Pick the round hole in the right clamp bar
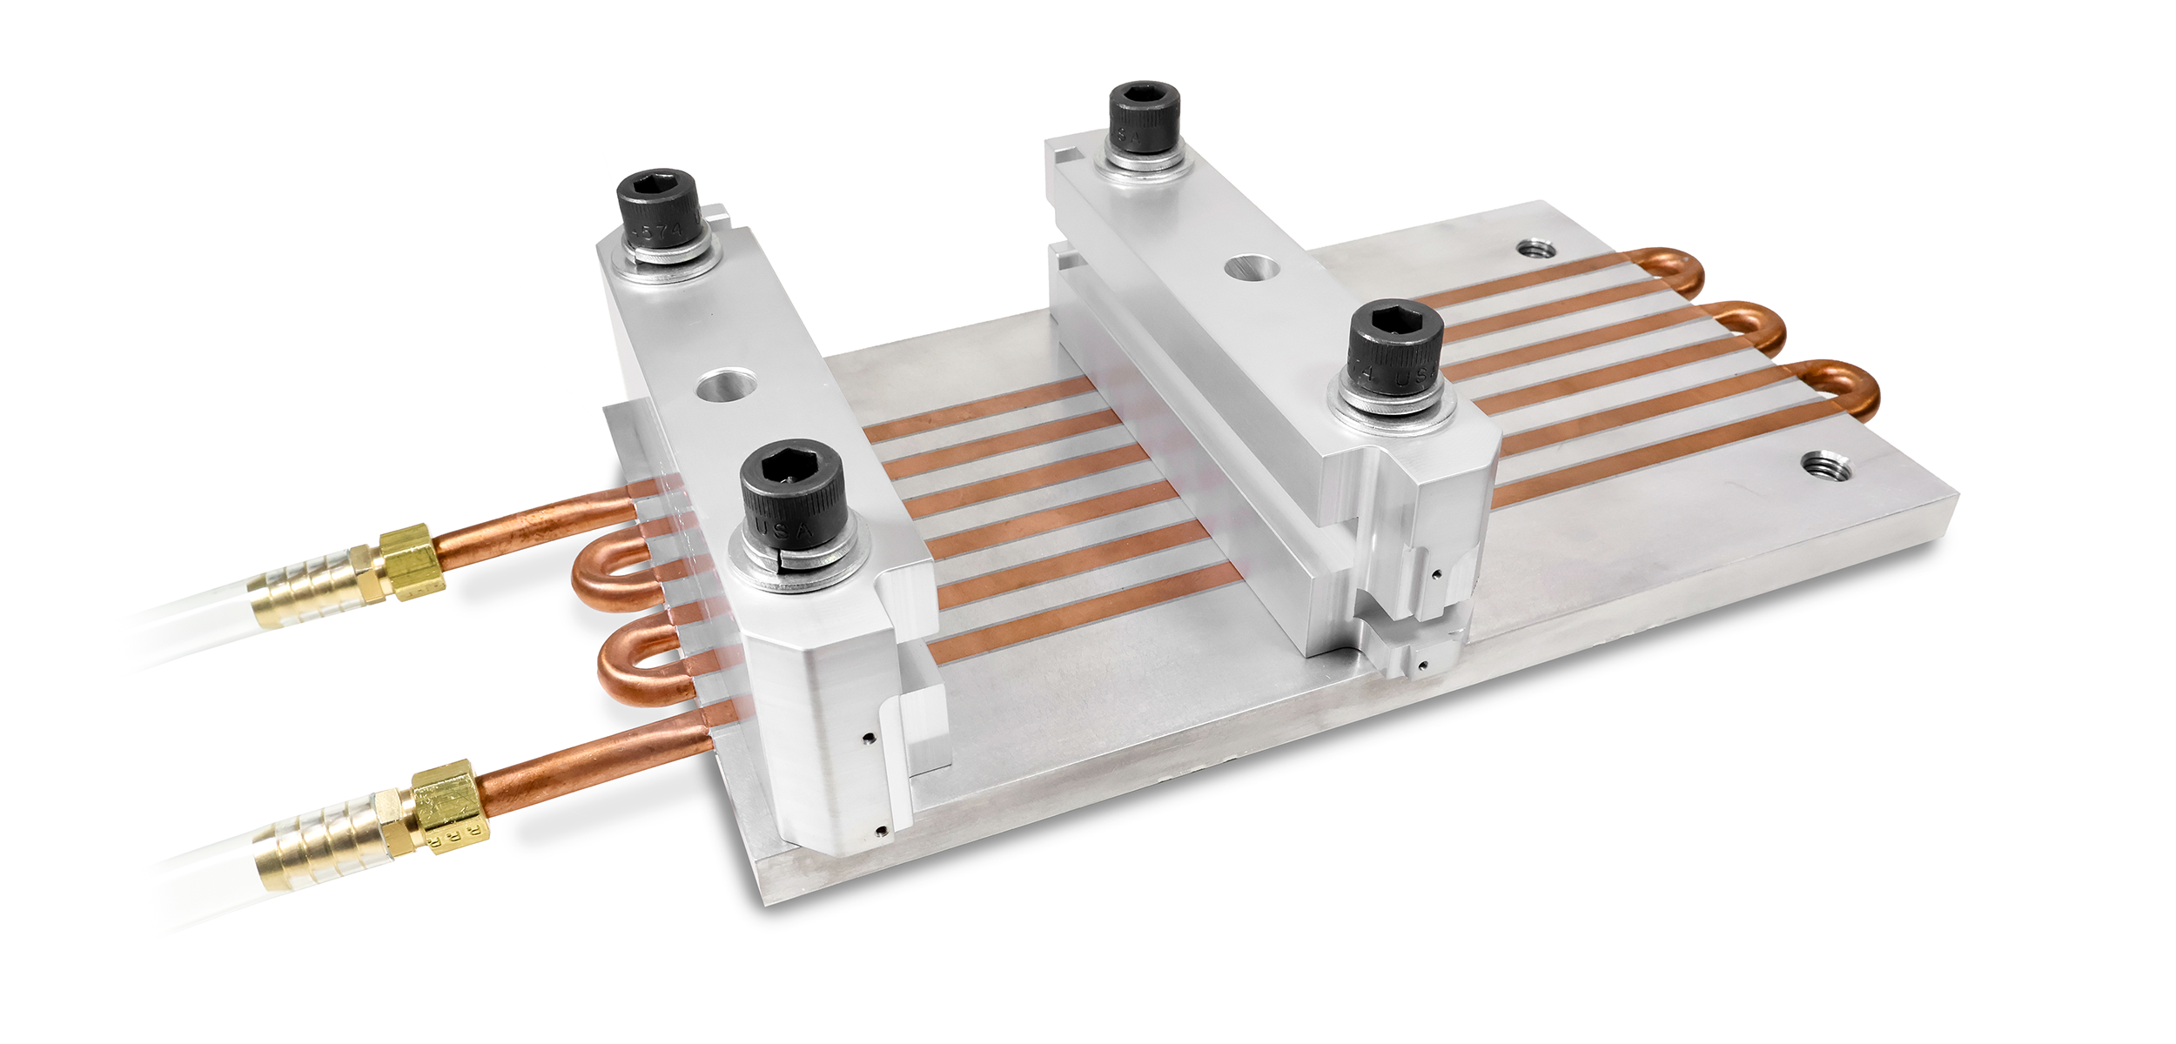tap(1253, 267)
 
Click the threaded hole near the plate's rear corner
tap(1538, 251)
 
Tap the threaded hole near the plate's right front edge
tap(1820, 465)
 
